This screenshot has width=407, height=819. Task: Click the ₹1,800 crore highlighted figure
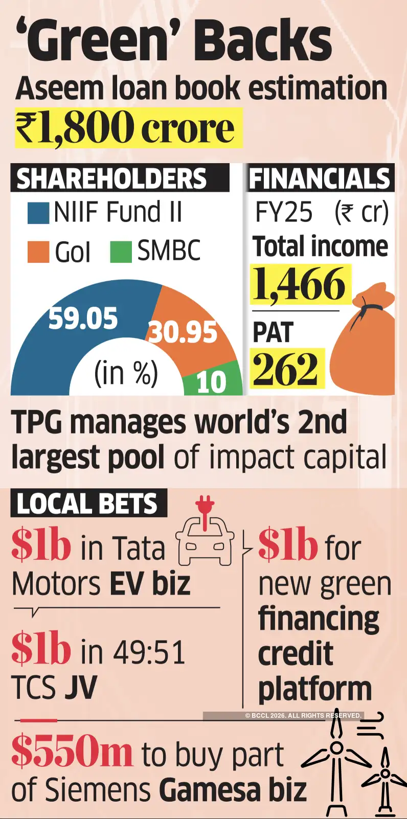[x=125, y=128]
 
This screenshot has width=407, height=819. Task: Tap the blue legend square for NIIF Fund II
[x=38, y=213]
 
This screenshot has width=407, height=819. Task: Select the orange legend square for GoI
[x=38, y=252]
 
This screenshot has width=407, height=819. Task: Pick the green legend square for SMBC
[x=121, y=252]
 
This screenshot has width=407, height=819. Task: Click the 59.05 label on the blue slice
[x=83, y=318]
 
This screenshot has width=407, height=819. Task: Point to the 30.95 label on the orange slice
[x=183, y=332]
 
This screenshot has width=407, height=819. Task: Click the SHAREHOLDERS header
[x=112, y=178]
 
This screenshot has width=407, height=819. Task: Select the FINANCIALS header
[x=320, y=178]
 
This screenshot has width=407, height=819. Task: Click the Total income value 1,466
[x=300, y=284]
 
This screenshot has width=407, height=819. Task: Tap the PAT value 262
[x=286, y=369]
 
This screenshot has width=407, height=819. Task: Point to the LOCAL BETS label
[x=87, y=504]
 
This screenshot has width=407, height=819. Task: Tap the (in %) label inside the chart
[x=126, y=373]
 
